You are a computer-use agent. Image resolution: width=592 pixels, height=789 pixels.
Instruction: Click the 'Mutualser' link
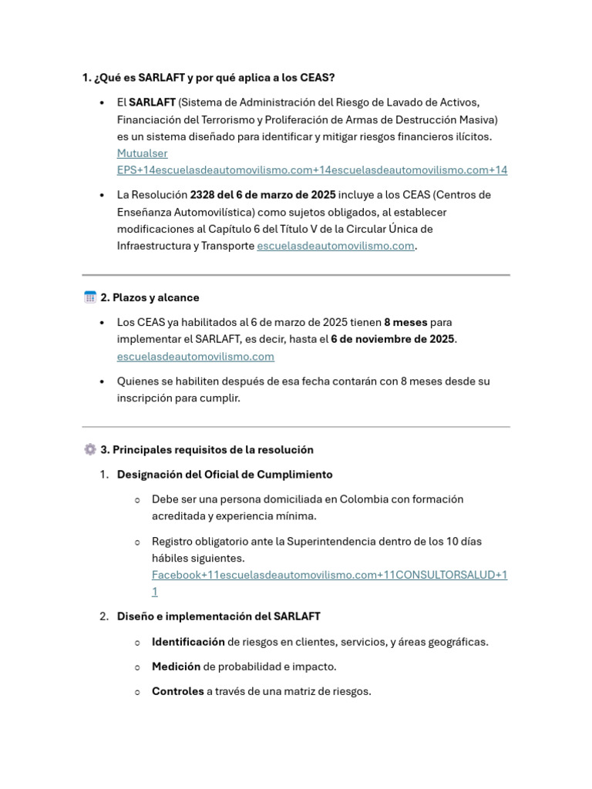142,153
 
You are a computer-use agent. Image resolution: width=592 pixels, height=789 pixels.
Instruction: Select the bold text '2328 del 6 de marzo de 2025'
263,195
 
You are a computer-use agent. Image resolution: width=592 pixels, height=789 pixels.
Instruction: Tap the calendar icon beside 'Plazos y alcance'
89,297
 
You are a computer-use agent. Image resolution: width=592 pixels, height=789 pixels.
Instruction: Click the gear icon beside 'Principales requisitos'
89,450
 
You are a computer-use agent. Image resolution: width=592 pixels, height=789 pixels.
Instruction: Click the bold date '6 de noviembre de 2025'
392,339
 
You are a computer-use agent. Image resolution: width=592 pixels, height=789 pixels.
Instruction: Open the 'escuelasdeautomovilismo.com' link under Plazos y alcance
196,357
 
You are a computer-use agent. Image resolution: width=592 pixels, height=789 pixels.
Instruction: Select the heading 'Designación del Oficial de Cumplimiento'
224,475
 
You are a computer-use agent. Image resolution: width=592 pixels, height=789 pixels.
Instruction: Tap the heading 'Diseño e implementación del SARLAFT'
218,616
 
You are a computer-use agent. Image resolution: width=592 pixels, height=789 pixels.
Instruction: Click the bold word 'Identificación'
188,642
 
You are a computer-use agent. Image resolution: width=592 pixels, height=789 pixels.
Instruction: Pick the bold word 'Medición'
176,666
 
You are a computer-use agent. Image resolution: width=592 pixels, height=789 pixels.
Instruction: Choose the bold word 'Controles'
177,691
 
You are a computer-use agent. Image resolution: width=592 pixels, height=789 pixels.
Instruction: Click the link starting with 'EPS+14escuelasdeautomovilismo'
312,170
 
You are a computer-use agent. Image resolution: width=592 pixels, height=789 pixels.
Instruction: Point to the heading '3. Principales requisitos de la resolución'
207,450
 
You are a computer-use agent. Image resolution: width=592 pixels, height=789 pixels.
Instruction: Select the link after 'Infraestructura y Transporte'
335,247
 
